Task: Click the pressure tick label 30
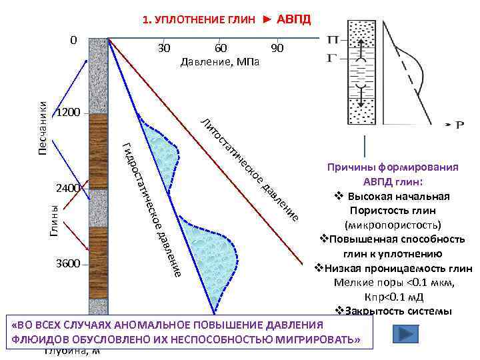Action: [x=164, y=49]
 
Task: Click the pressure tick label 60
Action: [x=221, y=49]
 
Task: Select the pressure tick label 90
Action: [x=278, y=49]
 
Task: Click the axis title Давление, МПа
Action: [x=220, y=62]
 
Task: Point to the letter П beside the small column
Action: [x=332, y=41]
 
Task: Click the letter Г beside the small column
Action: [x=331, y=58]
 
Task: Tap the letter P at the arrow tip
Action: [x=459, y=124]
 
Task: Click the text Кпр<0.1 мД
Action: [x=393, y=297]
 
